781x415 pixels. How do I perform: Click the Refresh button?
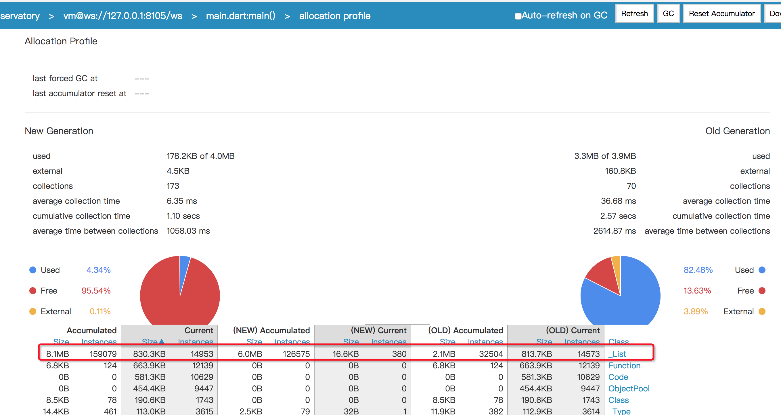point(634,14)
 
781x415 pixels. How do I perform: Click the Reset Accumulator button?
point(721,14)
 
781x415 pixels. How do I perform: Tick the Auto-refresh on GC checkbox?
point(518,16)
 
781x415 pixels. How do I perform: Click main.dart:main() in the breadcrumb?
point(240,16)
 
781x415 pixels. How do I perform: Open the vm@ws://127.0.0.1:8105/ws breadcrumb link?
point(123,16)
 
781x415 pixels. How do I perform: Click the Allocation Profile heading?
point(61,41)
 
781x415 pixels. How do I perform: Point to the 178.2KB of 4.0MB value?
point(200,156)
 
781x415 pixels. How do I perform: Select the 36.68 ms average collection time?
point(618,201)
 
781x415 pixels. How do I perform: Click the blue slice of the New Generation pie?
point(184,270)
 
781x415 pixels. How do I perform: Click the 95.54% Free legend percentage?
point(96,291)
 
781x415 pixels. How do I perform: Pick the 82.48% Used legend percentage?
point(698,270)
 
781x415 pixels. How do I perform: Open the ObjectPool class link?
point(629,389)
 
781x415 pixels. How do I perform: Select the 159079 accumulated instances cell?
point(103,354)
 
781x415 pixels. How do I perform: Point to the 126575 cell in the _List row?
point(296,354)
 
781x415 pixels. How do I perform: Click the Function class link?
point(624,365)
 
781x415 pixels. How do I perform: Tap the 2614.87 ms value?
point(614,231)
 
